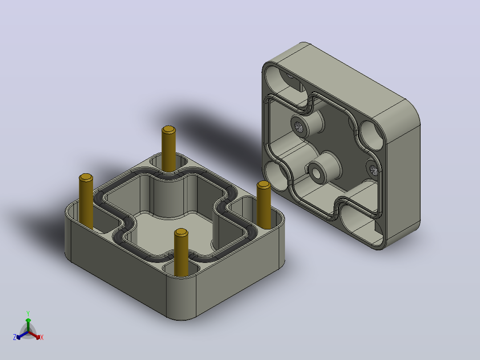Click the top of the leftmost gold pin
pyautogui.click(x=86, y=177)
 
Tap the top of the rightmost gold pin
pyautogui.click(x=264, y=185)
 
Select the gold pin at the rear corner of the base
pyautogui.click(x=169, y=149)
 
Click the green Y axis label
pyautogui.click(x=28, y=314)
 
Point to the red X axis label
pyautogui.click(x=42, y=337)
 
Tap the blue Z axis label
pyautogui.click(x=15, y=337)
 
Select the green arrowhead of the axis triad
pyautogui.click(x=28, y=320)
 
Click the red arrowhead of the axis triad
pyautogui.click(x=37, y=337)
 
